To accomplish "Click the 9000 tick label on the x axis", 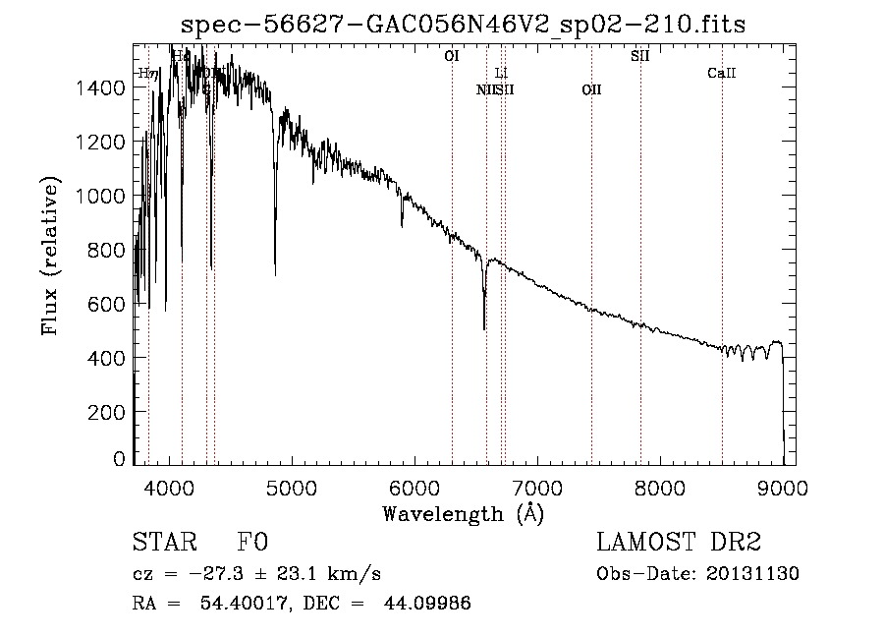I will click(x=783, y=487).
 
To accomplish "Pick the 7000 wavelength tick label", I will click(x=537, y=487).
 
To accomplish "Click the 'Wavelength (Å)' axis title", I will click(x=463, y=513).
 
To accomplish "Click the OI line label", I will click(x=452, y=57).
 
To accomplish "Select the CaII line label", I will click(x=722, y=74).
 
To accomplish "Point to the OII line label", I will click(x=591, y=90).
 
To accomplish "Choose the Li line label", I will click(x=501, y=74).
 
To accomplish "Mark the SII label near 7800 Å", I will click(x=640, y=57).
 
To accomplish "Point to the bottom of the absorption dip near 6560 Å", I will click(x=484, y=327).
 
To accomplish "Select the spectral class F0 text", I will click(x=252, y=543).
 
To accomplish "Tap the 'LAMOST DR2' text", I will click(x=679, y=543).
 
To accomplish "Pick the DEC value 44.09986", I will click(x=428, y=604).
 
